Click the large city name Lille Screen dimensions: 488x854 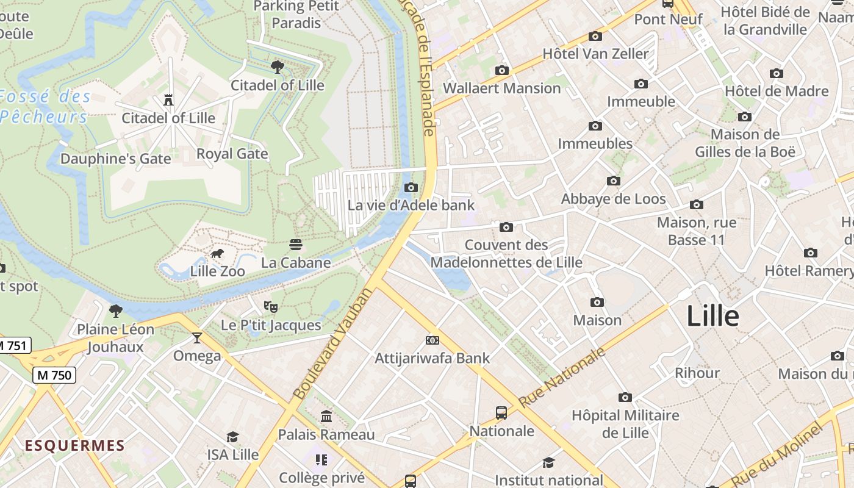(x=712, y=317)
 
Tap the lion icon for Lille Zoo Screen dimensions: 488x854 (x=217, y=254)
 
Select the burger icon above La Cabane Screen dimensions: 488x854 (x=296, y=245)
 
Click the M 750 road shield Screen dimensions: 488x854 (x=54, y=375)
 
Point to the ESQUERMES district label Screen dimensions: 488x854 (x=74, y=445)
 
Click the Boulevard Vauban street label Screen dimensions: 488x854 (x=332, y=344)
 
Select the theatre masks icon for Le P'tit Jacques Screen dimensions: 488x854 (x=270, y=306)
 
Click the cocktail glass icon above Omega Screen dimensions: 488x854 (x=196, y=337)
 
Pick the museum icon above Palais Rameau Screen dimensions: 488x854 (x=326, y=417)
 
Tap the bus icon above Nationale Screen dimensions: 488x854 (x=501, y=413)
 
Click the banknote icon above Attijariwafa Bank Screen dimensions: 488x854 (x=432, y=340)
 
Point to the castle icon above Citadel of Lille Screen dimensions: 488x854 (x=168, y=99)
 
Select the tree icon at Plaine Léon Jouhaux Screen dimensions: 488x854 (x=115, y=311)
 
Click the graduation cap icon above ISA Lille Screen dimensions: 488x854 (x=232, y=437)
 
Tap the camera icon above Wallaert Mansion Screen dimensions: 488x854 (x=501, y=70)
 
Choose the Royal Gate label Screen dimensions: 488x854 (x=232, y=154)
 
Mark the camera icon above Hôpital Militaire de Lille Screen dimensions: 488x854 (x=625, y=398)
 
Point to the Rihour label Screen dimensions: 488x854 (x=697, y=373)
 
